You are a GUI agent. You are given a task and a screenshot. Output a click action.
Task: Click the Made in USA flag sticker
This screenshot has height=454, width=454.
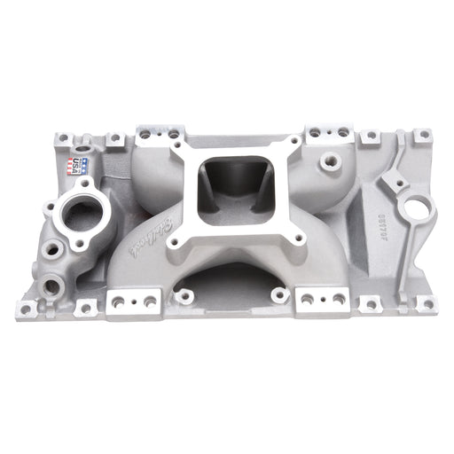tap(74, 165)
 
